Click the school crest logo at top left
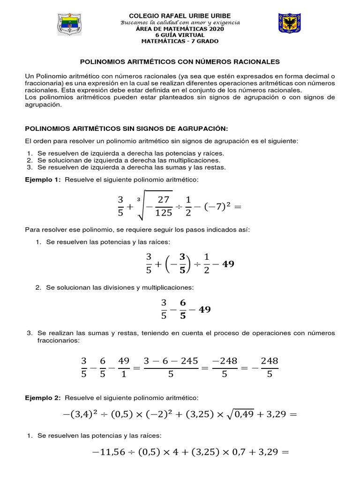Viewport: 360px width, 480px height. click(72, 27)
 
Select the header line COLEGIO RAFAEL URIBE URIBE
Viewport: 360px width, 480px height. click(180, 16)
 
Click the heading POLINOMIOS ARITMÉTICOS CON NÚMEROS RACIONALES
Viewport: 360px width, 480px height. click(180, 61)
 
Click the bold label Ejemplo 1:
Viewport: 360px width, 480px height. click(43, 180)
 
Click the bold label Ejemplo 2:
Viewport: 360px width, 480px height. click(43, 397)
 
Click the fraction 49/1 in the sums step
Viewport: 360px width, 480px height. click(124, 367)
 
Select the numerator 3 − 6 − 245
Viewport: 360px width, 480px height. click(171, 361)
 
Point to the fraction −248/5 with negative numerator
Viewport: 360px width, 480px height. click(225, 367)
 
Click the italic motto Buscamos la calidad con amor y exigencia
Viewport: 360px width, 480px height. click(180, 22)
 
